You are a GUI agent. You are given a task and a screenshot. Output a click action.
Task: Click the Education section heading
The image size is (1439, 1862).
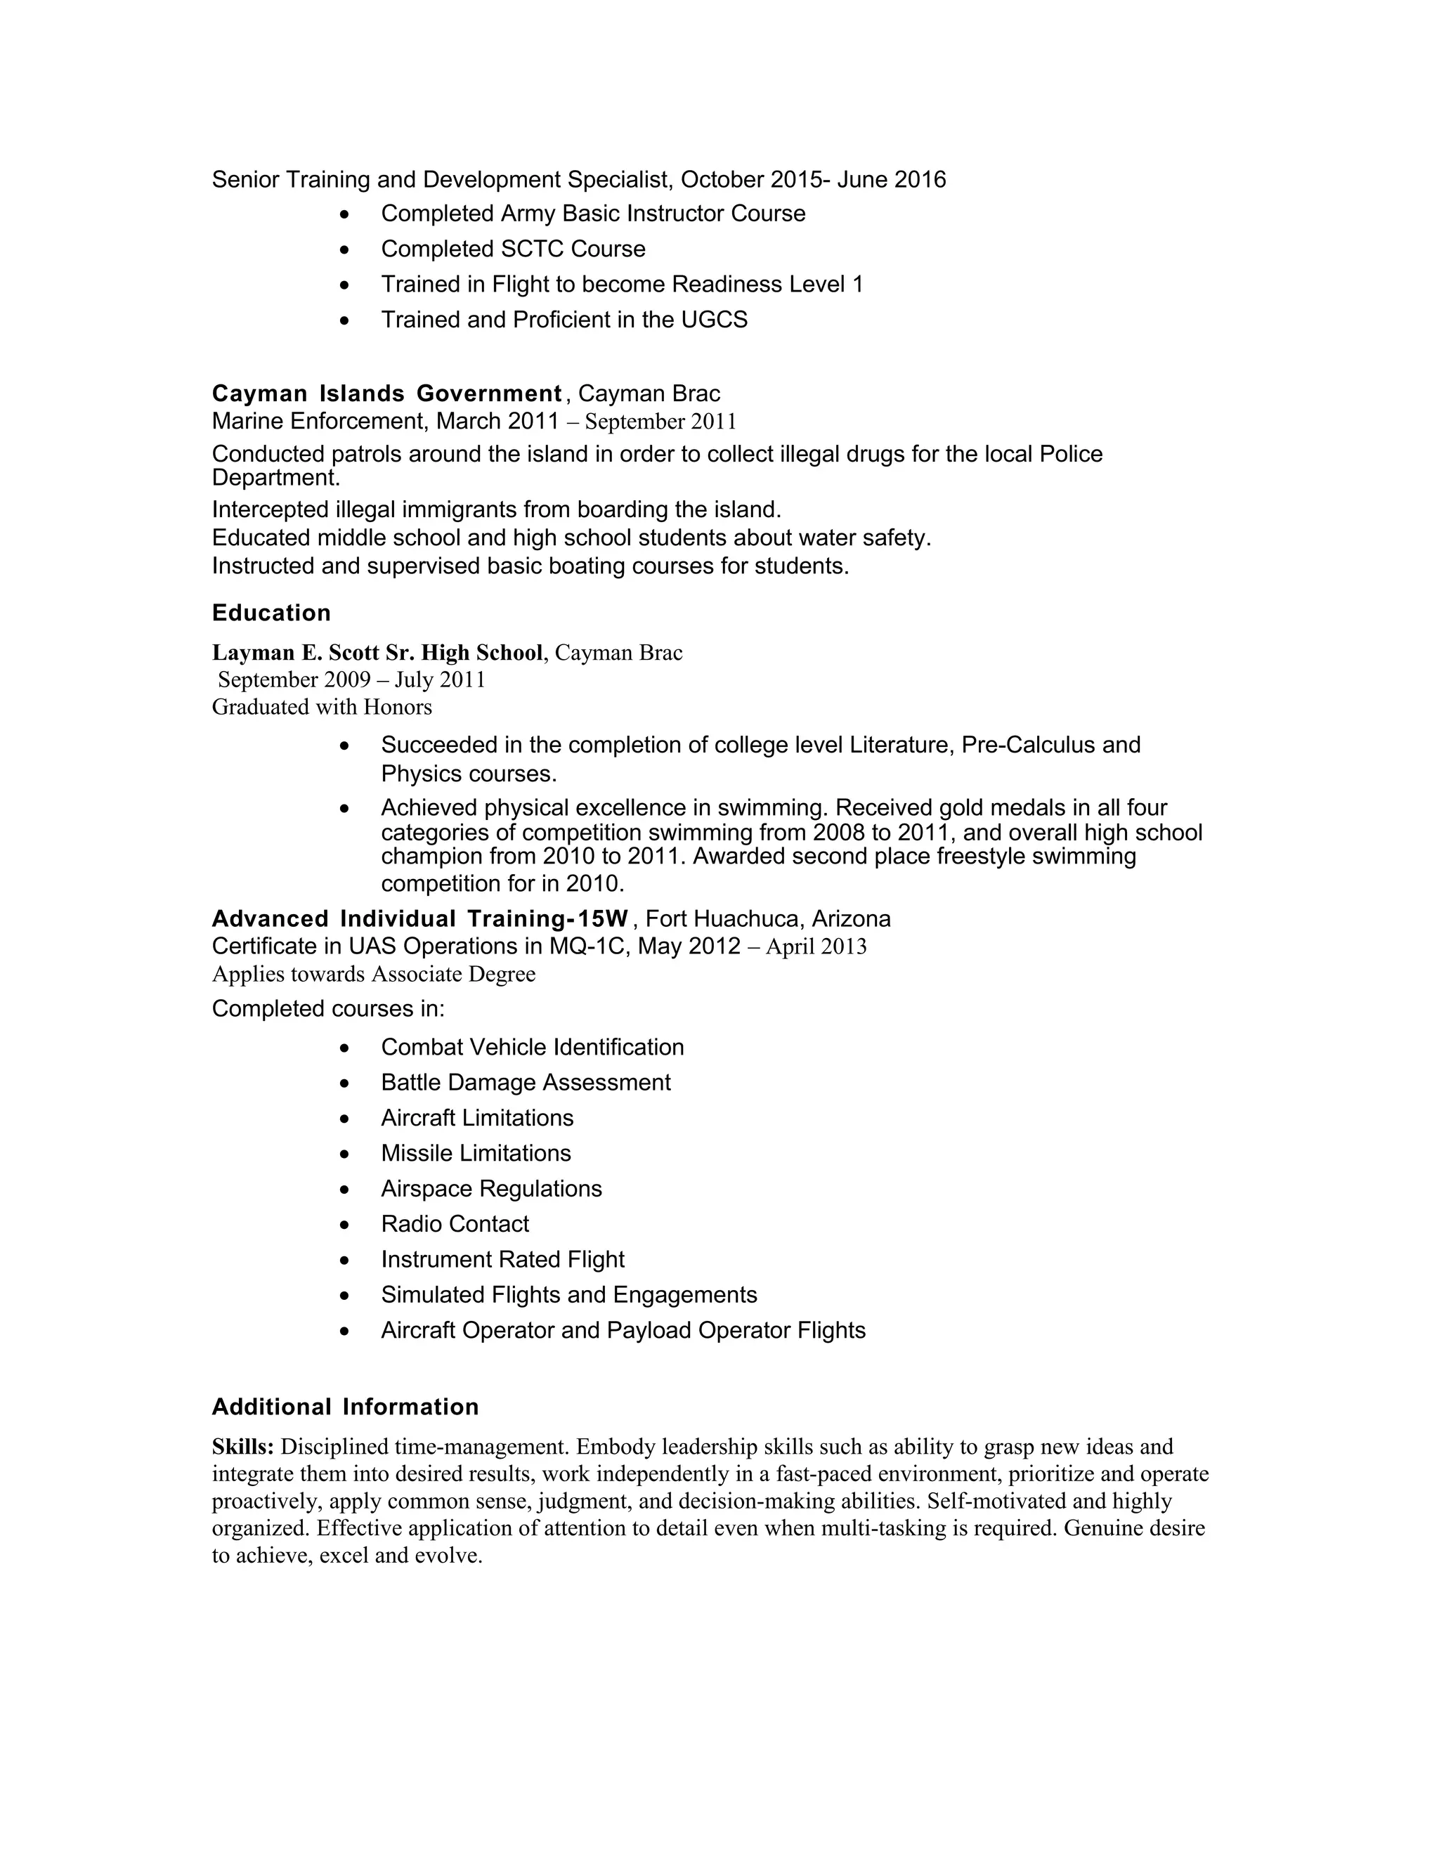pyautogui.click(x=271, y=613)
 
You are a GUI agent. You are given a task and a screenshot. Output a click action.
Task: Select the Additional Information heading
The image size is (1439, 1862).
pyautogui.click(x=345, y=1407)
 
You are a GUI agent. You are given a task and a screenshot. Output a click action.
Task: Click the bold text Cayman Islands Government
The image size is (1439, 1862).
pyautogui.click(x=386, y=394)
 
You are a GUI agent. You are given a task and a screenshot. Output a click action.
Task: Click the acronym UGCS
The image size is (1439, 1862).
pyautogui.click(x=714, y=320)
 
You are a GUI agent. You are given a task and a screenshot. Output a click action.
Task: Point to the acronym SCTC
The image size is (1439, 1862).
pyautogui.click(x=532, y=249)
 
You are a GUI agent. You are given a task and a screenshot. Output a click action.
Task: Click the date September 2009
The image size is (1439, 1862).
pyautogui.click(x=294, y=679)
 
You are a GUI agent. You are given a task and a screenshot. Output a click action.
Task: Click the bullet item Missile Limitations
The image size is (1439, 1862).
pyautogui.click(x=476, y=1154)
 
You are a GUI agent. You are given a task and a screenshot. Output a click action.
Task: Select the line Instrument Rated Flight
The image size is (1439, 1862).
pyautogui.click(x=502, y=1260)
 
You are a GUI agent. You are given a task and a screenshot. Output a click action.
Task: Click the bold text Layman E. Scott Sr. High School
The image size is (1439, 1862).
pyautogui.click(x=377, y=652)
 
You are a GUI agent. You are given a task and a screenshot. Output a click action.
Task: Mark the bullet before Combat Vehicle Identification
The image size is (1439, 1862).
pyautogui.click(x=344, y=1048)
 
